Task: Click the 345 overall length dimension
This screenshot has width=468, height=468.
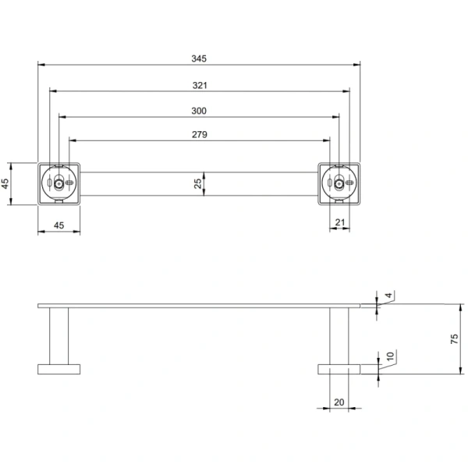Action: click(x=199, y=58)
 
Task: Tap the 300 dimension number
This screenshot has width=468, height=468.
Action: click(x=199, y=111)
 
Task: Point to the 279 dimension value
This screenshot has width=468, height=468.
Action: click(x=199, y=135)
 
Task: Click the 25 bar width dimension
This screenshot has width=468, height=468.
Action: click(x=198, y=183)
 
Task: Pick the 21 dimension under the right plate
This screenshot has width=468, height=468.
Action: click(x=340, y=224)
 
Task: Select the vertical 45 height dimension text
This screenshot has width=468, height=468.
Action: click(x=6, y=183)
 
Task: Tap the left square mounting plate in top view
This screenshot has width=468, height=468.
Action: click(x=58, y=183)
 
